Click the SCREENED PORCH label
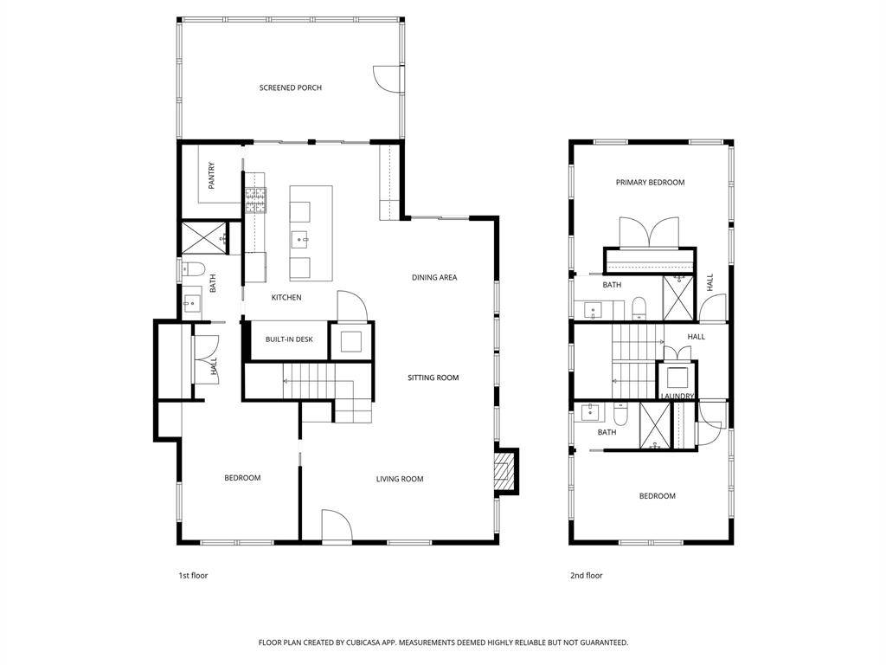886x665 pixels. pyautogui.click(x=291, y=87)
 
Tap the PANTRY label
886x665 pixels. pyautogui.click(x=211, y=176)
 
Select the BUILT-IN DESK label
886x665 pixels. pyautogui.click(x=289, y=339)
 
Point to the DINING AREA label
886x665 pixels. pyautogui.click(x=434, y=277)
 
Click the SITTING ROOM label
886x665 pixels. pyautogui.click(x=433, y=378)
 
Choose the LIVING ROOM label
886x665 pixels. pyautogui.click(x=400, y=479)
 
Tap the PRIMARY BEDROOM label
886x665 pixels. pyautogui.click(x=650, y=182)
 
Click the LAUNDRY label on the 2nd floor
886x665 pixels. pyautogui.click(x=677, y=396)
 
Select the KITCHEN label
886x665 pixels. pyautogui.click(x=286, y=298)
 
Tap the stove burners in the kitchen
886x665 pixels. pyautogui.click(x=255, y=200)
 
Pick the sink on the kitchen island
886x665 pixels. pyautogui.click(x=299, y=239)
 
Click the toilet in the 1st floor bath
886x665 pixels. pyautogui.click(x=191, y=269)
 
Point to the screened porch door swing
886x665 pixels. pyautogui.click(x=387, y=78)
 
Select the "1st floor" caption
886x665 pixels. pyautogui.click(x=193, y=576)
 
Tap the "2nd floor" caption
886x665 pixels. pyautogui.click(x=586, y=576)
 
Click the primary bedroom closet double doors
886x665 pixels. pyautogui.click(x=649, y=232)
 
